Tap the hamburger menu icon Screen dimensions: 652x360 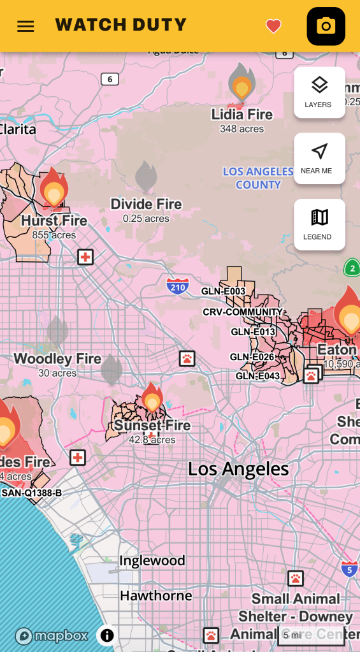coord(25,26)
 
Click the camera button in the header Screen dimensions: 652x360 coord(326,26)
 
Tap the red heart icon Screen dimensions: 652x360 coord(273,26)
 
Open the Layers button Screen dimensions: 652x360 coord(319,92)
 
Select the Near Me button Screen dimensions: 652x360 coord(319,158)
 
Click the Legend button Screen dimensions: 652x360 coord(319,224)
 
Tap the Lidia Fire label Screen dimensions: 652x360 coord(241,115)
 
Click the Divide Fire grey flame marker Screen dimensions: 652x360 coord(146,177)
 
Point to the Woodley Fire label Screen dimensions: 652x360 coord(57,359)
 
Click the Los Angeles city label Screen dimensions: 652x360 coord(238,470)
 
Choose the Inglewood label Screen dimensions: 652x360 coord(152,561)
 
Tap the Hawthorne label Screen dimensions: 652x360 coord(156,595)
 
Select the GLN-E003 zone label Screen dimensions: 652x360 coord(223,291)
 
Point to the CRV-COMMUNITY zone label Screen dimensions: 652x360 coord(242,312)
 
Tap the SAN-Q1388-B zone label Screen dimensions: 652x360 coord(31,493)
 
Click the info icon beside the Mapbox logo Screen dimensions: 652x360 coord(107,635)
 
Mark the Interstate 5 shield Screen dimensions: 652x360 coord(349,569)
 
